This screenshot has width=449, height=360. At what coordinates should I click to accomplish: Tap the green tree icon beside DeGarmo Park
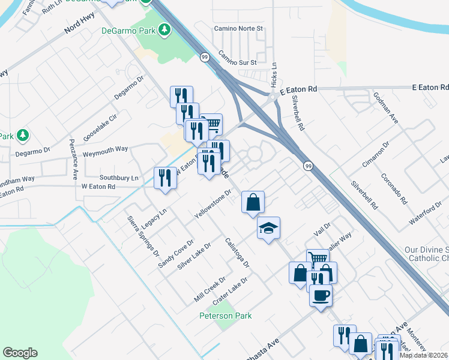coord(164,29)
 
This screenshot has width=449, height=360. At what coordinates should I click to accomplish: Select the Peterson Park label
coord(226,316)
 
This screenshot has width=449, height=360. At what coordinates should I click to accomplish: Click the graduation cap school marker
coord(269,227)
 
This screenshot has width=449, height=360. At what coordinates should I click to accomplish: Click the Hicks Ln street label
coord(274,73)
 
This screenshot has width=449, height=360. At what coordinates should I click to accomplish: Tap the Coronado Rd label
coord(394,188)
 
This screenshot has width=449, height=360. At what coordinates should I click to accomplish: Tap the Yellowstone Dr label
coord(213,205)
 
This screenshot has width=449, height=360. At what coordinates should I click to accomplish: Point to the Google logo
coord(20,353)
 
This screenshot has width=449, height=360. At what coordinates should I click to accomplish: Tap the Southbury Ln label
coord(119,178)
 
